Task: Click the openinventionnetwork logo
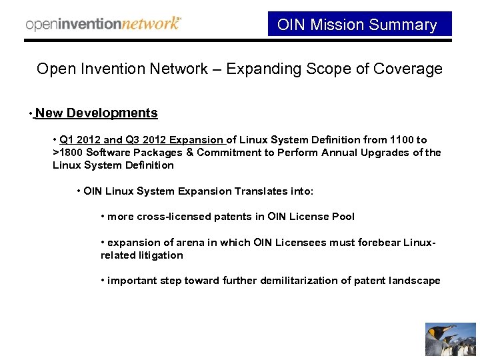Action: [x=103, y=24]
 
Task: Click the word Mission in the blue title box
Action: [x=335, y=25]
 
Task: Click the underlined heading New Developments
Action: [x=97, y=113]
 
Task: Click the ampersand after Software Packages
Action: [x=190, y=153]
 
